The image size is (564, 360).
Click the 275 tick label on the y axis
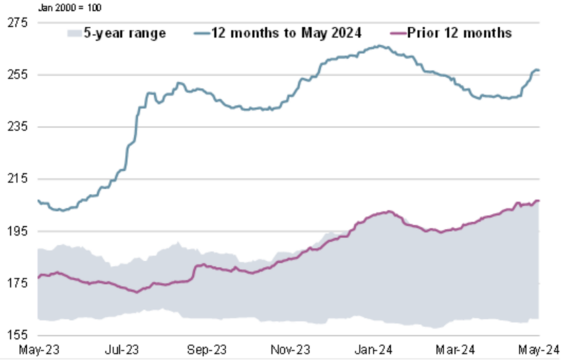[x=17, y=23]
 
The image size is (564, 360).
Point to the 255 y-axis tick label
[x=17, y=75]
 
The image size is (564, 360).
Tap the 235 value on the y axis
[x=17, y=127]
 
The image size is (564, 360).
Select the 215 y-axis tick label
[x=17, y=179]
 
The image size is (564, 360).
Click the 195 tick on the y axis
[x=17, y=231]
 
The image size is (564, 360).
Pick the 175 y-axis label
[x=17, y=283]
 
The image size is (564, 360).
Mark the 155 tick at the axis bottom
[x=17, y=335]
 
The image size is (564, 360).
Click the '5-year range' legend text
[x=125, y=33]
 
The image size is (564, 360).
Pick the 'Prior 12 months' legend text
[x=459, y=33]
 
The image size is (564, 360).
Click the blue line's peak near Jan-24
[x=379, y=46]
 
